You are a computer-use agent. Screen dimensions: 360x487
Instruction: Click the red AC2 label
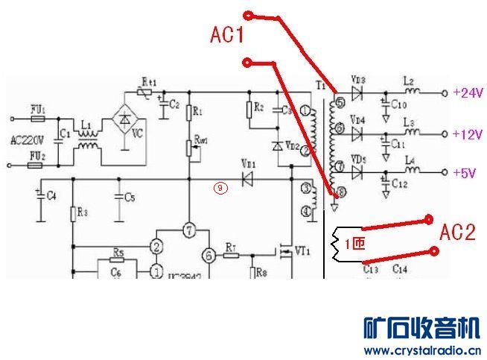(x=456, y=233)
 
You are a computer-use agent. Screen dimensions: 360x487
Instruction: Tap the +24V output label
(x=468, y=93)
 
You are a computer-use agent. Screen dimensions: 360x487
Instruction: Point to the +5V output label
(x=465, y=174)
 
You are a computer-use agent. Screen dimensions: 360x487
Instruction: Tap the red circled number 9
(x=220, y=189)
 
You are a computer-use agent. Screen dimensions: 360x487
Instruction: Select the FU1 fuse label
(x=37, y=110)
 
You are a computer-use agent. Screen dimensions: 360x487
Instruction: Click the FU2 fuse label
(x=37, y=156)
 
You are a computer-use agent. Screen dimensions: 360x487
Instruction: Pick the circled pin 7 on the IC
(x=189, y=231)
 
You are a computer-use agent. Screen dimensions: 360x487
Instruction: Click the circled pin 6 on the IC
(x=209, y=255)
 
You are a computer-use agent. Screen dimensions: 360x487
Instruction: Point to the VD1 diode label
(x=248, y=163)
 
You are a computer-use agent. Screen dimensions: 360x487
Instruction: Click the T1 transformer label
(x=321, y=86)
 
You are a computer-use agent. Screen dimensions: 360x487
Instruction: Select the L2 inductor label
(x=407, y=80)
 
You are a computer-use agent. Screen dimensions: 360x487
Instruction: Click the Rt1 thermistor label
(x=147, y=81)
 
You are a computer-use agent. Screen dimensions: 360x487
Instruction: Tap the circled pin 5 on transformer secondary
(x=339, y=102)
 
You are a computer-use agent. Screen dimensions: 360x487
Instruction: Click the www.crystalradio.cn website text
(x=421, y=350)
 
